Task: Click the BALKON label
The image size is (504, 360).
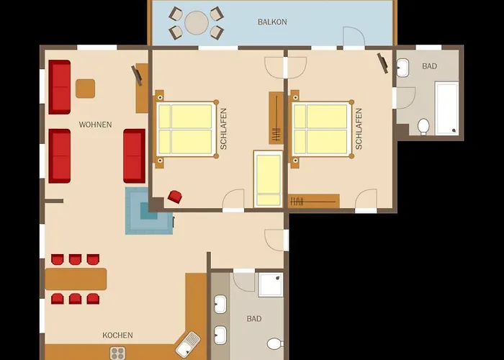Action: coord(272,22)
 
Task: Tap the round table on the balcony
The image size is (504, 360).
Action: coord(197,23)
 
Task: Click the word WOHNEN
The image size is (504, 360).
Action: coord(96,125)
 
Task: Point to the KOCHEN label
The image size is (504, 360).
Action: coord(117,336)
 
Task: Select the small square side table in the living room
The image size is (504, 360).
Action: coord(85,89)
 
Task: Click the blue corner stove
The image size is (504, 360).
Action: coord(149,211)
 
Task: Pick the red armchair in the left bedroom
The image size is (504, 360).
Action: coord(174,197)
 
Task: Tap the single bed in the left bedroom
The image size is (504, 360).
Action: coord(269,179)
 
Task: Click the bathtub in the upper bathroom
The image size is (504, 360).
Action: coord(447,108)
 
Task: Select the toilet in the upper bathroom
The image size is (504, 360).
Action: coord(423,127)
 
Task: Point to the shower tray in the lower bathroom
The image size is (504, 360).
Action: coord(271,285)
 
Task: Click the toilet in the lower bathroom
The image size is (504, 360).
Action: coord(275,344)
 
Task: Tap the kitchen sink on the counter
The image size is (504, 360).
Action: coord(188,345)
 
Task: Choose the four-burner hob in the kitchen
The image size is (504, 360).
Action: coord(117,353)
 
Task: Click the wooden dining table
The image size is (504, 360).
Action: coord(76,279)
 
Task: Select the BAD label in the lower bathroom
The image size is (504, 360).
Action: coord(254,319)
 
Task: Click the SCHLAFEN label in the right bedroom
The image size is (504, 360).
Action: coord(359,129)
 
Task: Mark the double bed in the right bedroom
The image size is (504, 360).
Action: coord(321,129)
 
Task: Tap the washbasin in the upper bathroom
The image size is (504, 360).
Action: coord(402,68)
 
